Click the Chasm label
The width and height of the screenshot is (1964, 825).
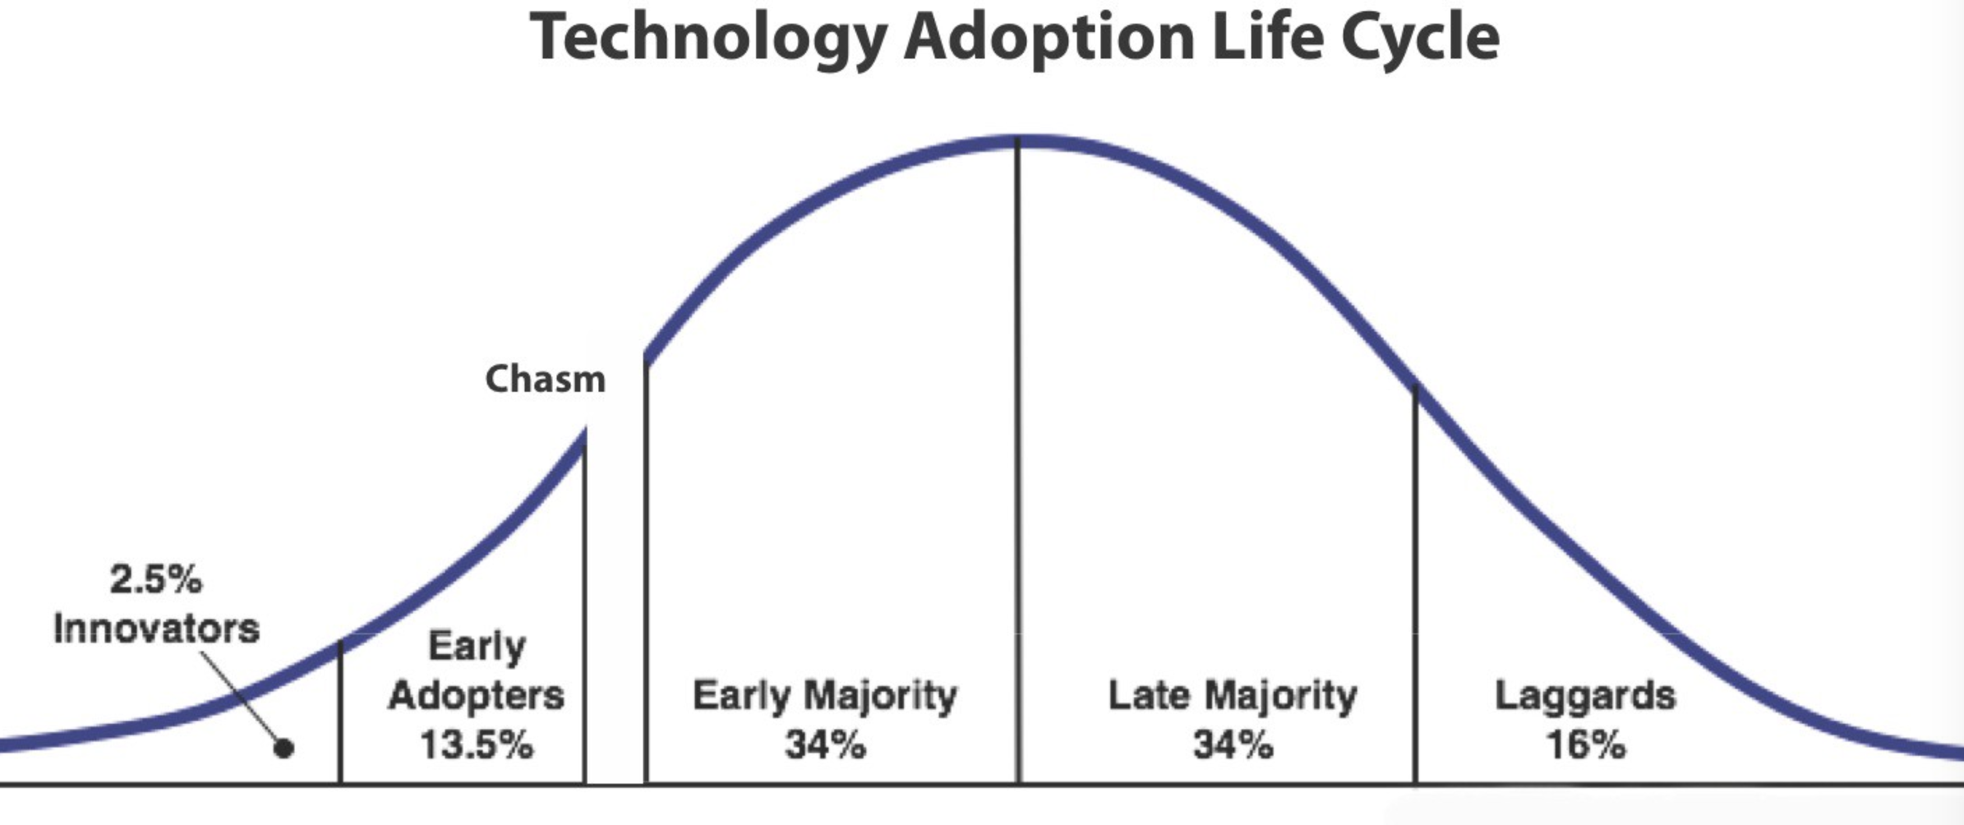(x=545, y=380)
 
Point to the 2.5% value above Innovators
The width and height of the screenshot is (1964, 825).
(x=155, y=579)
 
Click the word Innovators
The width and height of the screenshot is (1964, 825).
(x=156, y=629)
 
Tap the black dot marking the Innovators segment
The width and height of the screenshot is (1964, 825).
(x=284, y=748)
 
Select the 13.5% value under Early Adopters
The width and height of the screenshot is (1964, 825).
(x=477, y=745)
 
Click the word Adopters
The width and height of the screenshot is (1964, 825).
(x=477, y=696)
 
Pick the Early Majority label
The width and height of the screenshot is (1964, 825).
(x=825, y=696)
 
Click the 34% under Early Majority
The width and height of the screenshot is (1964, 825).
(x=825, y=745)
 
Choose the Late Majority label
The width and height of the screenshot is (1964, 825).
(x=1233, y=696)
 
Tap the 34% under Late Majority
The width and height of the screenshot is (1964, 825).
(x=1233, y=745)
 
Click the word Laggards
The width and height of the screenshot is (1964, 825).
(x=1585, y=696)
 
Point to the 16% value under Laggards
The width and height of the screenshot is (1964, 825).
(x=1585, y=745)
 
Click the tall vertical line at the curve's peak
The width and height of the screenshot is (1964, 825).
(x=1018, y=460)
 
